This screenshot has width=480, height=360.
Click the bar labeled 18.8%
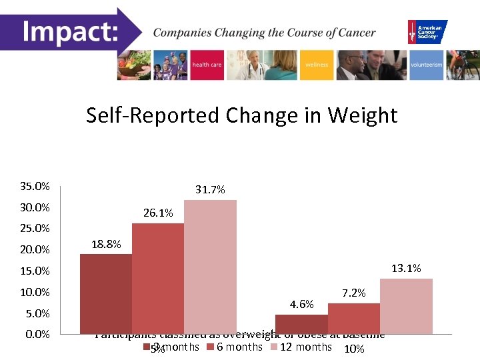(x=105, y=293)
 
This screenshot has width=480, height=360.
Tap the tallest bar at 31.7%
(x=210, y=266)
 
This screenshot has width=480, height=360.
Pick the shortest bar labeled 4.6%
(x=301, y=323)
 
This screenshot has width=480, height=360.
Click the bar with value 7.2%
(x=353, y=318)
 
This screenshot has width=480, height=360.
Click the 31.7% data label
(x=210, y=190)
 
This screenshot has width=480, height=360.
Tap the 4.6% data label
(x=301, y=305)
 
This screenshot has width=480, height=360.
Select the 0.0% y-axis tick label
(x=37, y=334)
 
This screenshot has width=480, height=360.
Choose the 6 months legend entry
(x=234, y=347)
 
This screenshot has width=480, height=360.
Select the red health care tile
(x=207, y=65)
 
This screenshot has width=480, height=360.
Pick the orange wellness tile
(x=317, y=65)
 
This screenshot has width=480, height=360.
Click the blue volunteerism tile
(x=426, y=65)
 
